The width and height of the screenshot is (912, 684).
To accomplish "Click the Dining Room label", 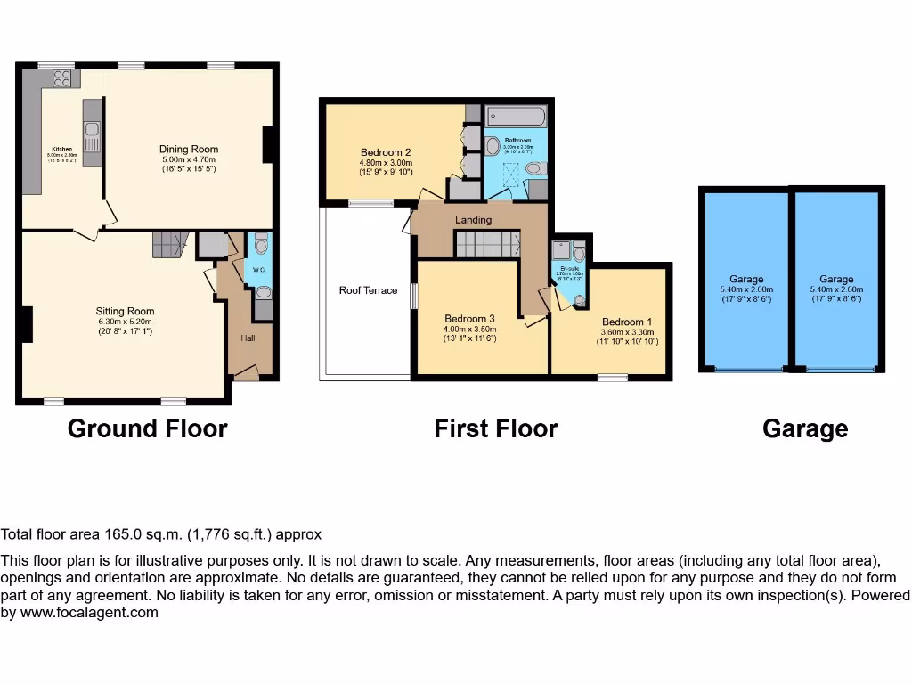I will (189, 150).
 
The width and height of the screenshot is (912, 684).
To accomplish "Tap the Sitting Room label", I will (125, 312).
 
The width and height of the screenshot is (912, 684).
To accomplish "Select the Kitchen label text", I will (61, 149).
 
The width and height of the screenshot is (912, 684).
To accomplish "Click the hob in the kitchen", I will (62, 79).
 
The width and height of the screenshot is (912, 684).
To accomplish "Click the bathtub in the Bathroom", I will (517, 118).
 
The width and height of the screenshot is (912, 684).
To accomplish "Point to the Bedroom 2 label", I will (386, 151).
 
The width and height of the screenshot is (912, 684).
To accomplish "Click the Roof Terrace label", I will (368, 290).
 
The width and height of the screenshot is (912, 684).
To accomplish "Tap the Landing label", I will (473, 220).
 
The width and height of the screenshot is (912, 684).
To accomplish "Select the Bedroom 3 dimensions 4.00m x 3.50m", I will (470, 329).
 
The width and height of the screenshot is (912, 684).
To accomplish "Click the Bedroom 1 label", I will (627, 322).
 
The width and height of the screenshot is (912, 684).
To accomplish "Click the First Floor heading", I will (495, 429).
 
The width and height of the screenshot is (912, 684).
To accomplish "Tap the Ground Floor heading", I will (148, 429).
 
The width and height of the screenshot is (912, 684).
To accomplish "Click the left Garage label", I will (746, 280).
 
